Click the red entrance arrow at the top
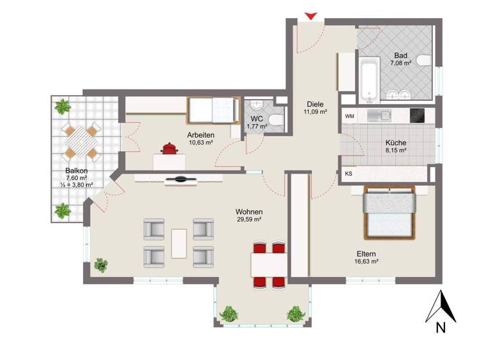point(311,15)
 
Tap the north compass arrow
point(441,307)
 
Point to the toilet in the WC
point(275,120)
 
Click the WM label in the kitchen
point(349,116)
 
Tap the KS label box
point(349,174)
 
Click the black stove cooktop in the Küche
point(417,116)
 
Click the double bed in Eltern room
point(390,212)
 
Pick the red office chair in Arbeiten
point(170,150)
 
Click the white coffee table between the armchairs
point(179,242)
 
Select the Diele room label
point(315,104)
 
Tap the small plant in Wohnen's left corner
point(101,264)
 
